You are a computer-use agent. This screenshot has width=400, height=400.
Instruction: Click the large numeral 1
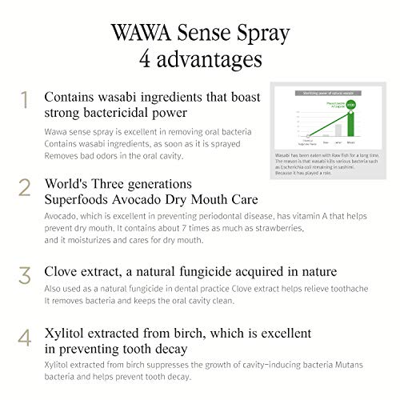(25, 99)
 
